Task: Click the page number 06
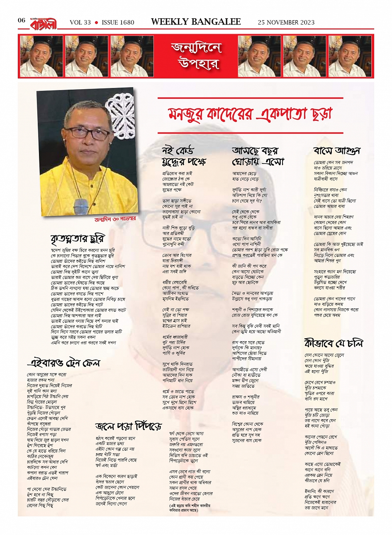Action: click(22, 21)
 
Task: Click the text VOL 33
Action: click(80, 22)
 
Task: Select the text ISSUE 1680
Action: click(118, 22)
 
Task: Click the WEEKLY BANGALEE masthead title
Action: click(196, 22)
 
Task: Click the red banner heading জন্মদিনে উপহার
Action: click(196, 56)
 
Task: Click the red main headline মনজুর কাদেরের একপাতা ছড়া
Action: click(250, 114)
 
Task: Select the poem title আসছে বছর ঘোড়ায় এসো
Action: click(256, 156)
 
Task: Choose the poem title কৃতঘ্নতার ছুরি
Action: click(78, 238)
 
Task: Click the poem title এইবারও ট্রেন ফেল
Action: click(63, 363)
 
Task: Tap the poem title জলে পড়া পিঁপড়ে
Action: click(122, 426)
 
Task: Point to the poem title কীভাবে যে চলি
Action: click(334, 343)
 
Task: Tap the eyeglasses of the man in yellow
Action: click(88, 133)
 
